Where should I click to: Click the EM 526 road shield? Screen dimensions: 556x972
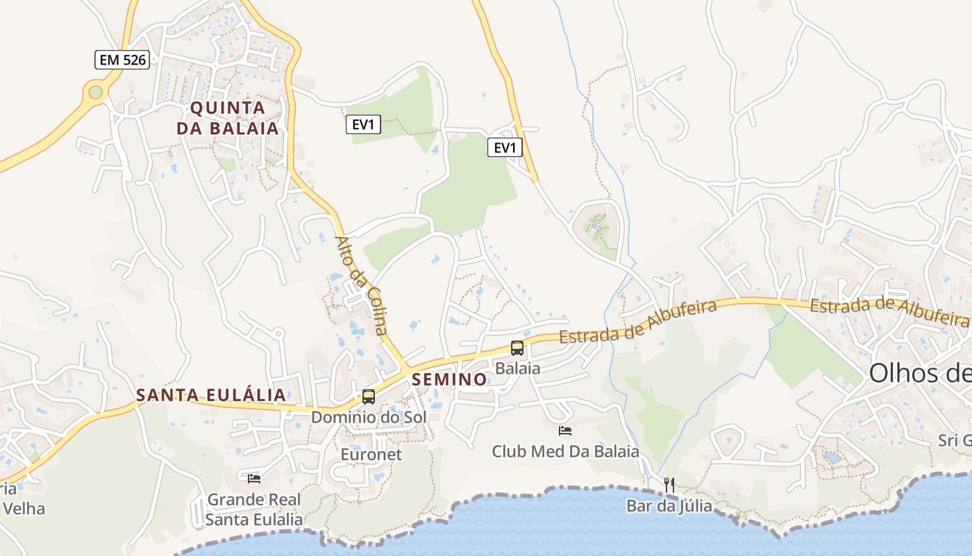122,60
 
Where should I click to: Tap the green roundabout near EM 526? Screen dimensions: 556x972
95,92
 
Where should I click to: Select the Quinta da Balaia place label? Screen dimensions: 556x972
227,118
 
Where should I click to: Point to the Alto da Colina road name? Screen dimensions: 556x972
361,285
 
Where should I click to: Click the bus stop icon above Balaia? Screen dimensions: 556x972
517,348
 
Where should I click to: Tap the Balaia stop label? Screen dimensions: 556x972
517,368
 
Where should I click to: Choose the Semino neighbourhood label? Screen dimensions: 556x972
449,379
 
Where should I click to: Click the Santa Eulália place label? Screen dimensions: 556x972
211,395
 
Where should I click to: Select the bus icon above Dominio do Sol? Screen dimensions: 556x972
369,397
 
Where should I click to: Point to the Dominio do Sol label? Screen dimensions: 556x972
369,418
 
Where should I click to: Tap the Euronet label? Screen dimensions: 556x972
371,455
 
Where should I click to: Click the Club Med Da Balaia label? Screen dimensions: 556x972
565,452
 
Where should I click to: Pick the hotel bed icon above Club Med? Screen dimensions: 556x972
565,431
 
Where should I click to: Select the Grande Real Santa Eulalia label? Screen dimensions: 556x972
254,509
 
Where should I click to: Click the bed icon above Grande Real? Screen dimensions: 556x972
254,478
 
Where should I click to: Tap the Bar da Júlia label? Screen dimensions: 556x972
669,506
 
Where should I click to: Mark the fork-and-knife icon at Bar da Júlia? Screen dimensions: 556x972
669,484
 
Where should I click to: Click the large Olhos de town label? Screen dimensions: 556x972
920,374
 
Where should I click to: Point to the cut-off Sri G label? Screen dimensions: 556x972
955,440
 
